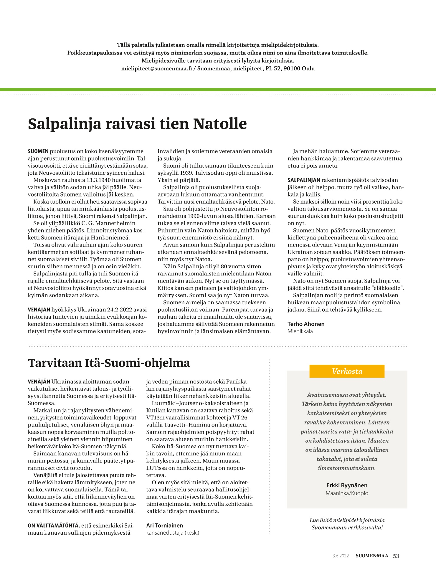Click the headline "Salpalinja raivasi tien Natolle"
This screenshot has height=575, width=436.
[137, 124]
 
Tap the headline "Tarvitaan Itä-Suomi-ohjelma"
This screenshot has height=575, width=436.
[109, 363]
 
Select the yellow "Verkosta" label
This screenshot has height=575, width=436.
[347, 371]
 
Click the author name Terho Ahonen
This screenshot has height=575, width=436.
[306, 324]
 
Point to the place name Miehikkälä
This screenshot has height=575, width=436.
[300, 331]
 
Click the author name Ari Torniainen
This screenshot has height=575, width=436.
[164, 526]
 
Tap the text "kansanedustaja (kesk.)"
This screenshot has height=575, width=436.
[173, 533]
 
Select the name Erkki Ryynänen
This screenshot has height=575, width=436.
[347, 485]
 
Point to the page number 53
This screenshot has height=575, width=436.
[396, 556]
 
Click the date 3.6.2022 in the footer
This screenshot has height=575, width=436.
[341, 556]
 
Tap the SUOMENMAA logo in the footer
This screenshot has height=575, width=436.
[372, 556]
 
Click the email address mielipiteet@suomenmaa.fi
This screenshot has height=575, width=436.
[156, 69]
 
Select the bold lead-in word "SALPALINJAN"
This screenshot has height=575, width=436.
[304, 180]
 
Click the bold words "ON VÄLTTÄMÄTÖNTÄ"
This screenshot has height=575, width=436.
[53, 526]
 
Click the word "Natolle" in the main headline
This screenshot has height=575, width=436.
[220, 124]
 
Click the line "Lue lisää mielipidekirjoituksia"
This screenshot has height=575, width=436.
[347, 521]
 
